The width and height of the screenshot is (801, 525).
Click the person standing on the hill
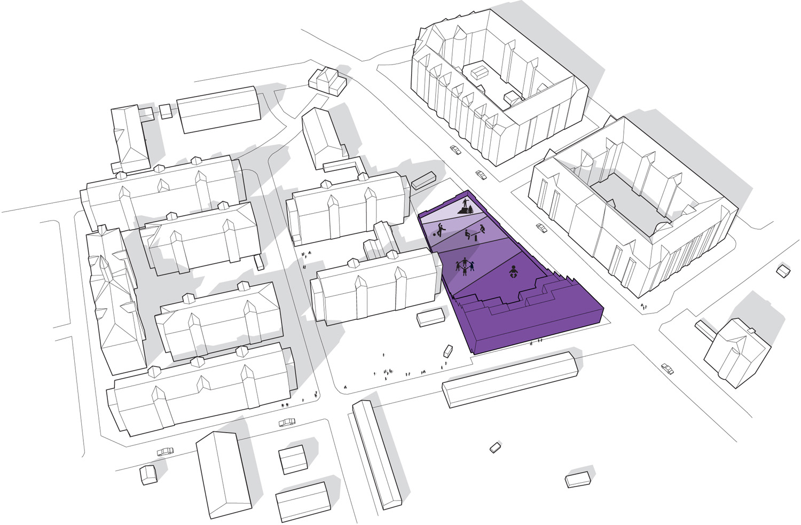[x=466, y=203]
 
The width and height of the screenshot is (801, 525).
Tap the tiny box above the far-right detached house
[x=783, y=271]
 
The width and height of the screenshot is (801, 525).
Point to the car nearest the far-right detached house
[x=667, y=368]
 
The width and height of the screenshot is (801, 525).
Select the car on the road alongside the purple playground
[x=541, y=228]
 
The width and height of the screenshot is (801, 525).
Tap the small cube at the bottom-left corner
[x=148, y=475]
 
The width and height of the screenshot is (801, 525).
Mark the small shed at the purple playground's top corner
[x=424, y=180]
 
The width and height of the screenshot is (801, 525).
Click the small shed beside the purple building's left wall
[x=430, y=318]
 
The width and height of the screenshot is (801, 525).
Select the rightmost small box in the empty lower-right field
[x=578, y=479]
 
